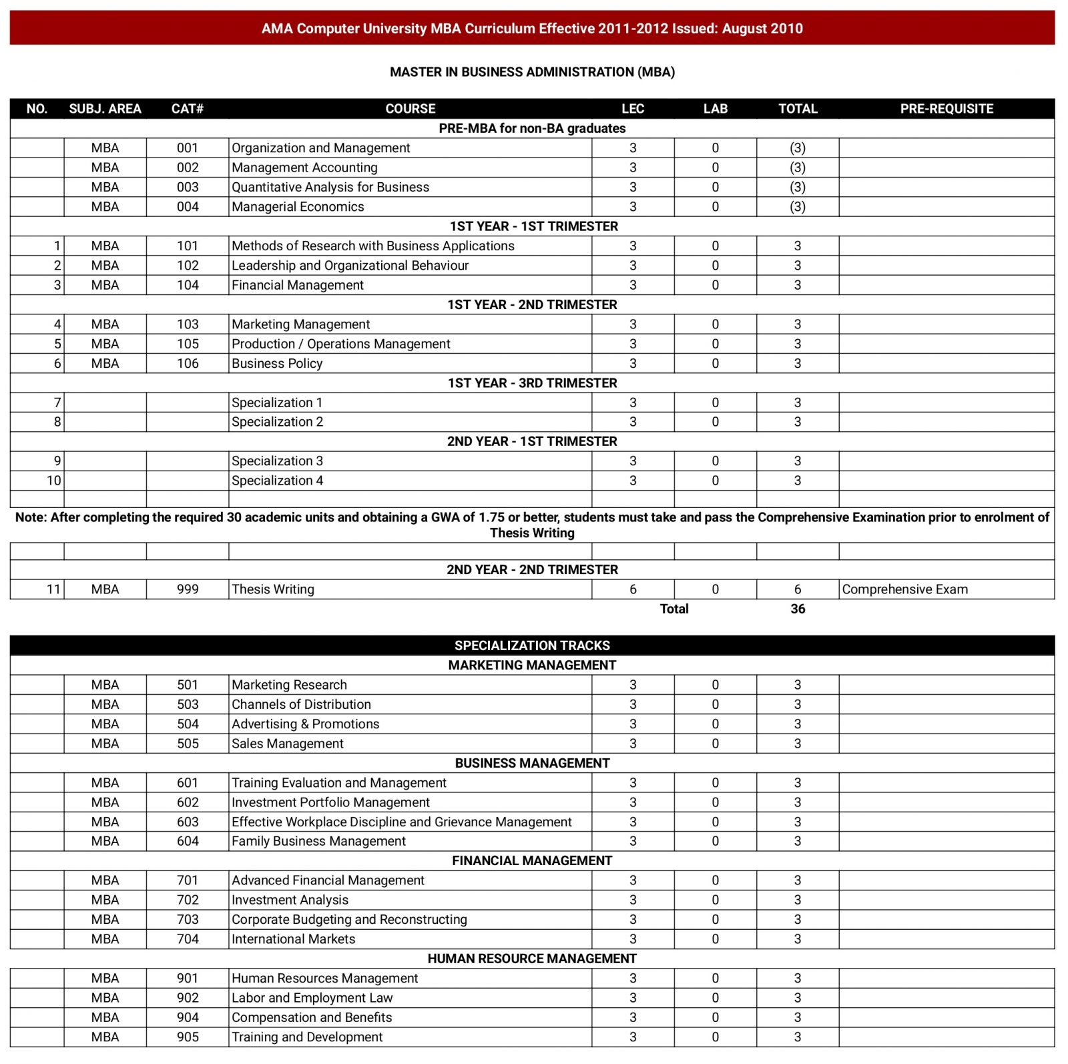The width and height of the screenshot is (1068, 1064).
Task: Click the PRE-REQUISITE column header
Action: (x=946, y=109)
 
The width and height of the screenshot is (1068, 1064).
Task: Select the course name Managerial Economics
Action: (x=298, y=207)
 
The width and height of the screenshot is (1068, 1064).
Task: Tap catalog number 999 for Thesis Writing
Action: (x=188, y=589)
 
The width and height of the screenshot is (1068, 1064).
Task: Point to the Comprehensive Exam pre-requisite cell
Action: (x=904, y=589)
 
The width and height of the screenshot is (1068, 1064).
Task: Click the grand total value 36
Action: (x=798, y=609)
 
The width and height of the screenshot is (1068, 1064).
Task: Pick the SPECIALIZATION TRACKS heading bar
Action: (x=532, y=645)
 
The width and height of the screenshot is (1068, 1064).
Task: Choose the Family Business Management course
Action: (x=318, y=841)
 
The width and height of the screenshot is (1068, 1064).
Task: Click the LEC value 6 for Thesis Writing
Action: (x=633, y=589)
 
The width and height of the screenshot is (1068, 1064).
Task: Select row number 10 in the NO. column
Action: (x=53, y=481)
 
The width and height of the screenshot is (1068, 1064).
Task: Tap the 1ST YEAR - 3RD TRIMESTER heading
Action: (x=532, y=383)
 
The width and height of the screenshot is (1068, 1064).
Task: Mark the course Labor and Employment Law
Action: (x=312, y=998)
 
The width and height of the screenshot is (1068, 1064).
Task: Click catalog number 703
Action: (x=188, y=919)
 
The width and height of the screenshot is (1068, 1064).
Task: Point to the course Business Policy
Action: (x=277, y=364)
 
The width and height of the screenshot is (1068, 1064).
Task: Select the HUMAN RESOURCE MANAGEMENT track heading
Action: (x=532, y=959)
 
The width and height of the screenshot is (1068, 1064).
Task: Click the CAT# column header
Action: (x=188, y=109)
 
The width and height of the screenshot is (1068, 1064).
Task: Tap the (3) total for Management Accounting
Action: (x=798, y=168)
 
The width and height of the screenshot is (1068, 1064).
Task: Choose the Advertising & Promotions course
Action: (x=305, y=724)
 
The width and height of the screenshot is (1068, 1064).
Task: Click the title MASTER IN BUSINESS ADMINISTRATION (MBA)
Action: (x=532, y=72)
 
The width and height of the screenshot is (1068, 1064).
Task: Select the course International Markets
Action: (x=293, y=939)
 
